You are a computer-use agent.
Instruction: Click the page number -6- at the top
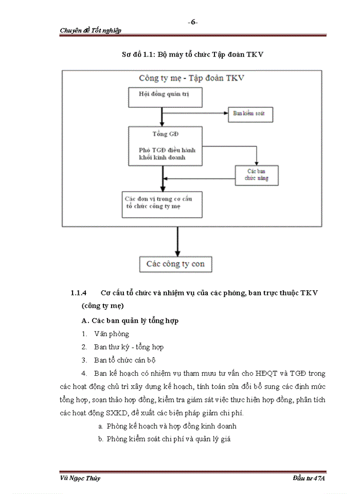pyautogui.click(x=193, y=22)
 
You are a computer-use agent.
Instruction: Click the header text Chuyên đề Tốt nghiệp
pyautogui.click(x=91, y=30)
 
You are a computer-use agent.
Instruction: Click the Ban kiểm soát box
pyautogui.click(x=250, y=114)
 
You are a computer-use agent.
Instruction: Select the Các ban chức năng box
pyautogui.click(x=257, y=175)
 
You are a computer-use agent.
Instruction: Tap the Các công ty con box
pyautogui.click(x=175, y=264)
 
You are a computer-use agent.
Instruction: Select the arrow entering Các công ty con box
pyautogui.click(x=177, y=253)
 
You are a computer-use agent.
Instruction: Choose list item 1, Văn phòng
pyautogui.click(x=111, y=334)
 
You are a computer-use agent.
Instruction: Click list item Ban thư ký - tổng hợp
pyautogui.click(x=129, y=347)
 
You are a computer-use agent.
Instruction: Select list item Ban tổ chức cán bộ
pyautogui.click(x=124, y=360)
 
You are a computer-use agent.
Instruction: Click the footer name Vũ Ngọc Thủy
pyautogui.click(x=80, y=479)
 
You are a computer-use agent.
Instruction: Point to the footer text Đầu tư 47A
pyautogui.click(x=308, y=479)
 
